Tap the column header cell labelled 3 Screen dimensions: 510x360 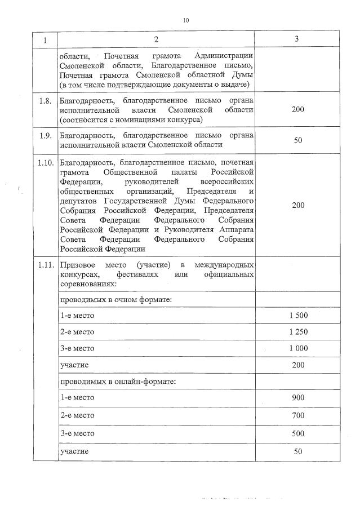click(x=297, y=39)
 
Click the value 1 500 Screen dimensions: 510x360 click(x=298, y=316)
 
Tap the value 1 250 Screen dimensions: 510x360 click(x=298, y=332)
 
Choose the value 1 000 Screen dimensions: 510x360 click(x=298, y=348)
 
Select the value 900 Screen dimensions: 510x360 click(x=298, y=398)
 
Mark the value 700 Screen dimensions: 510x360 click(x=298, y=415)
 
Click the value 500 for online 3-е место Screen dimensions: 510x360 click(x=298, y=433)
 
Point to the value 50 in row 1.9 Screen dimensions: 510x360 click(x=298, y=140)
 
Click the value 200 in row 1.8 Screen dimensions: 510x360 click(x=298, y=110)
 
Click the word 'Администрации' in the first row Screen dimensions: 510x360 click(x=223, y=56)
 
